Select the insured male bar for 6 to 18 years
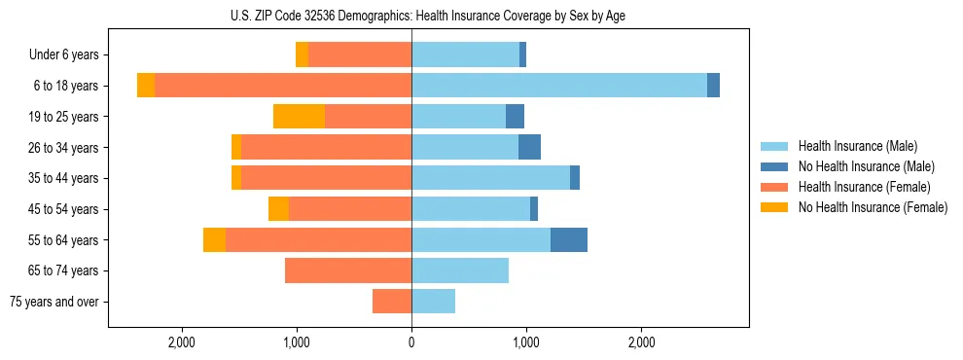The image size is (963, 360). [x=559, y=86]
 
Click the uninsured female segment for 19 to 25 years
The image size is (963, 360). [x=299, y=117]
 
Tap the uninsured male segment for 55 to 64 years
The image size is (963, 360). [x=569, y=239]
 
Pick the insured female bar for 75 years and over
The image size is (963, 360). [x=392, y=302]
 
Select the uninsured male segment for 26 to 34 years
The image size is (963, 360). [x=529, y=147]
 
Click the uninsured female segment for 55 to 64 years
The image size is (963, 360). [x=214, y=239]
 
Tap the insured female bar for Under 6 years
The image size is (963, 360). [x=360, y=54]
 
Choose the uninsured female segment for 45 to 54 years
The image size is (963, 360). [x=278, y=209]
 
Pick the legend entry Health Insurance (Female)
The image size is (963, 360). [x=863, y=187]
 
